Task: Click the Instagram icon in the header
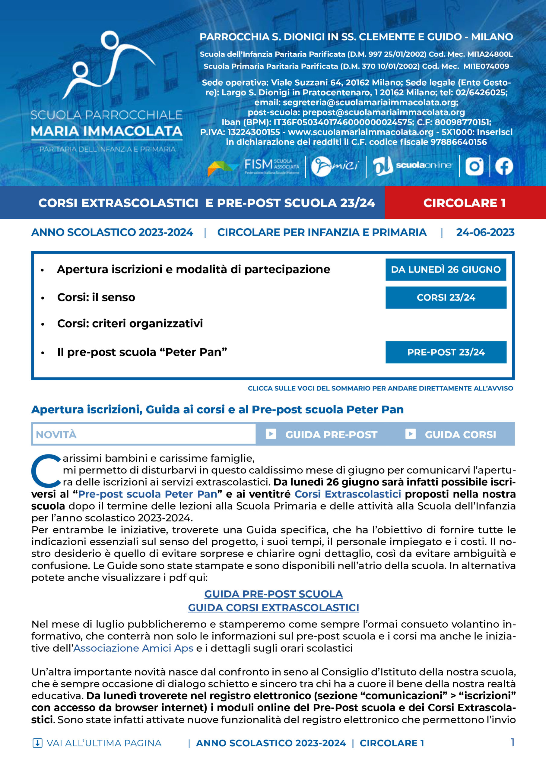[474, 166]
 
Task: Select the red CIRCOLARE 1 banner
[465, 203]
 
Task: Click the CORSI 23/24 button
[446, 298]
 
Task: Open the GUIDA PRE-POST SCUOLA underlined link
[274, 594]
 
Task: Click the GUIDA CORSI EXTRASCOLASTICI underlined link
[274, 608]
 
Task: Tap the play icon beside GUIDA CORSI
[410, 434]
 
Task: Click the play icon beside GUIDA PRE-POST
[271, 434]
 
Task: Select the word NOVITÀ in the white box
[56, 435]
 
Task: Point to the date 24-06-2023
[485, 232]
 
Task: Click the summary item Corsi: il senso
[96, 298]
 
